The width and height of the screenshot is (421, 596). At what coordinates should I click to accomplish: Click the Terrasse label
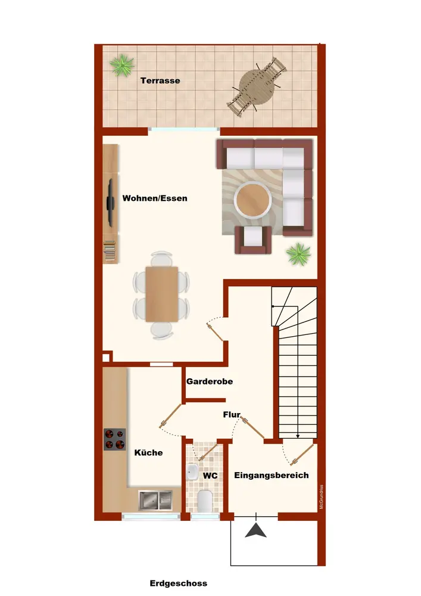pos(160,80)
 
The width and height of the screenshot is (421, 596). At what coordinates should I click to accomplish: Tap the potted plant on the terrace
pos(122,65)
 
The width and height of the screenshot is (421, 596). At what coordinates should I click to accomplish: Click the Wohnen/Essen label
pos(154,198)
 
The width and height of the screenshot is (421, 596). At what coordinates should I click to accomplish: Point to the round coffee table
pos(252,200)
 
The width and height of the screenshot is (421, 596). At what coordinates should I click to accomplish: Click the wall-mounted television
pos(111,203)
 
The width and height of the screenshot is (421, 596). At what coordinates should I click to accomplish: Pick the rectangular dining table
pos(162,294)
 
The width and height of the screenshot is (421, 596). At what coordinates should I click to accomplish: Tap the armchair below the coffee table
pos(253,240)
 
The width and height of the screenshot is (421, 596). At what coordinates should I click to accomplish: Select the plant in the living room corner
pos(299,254)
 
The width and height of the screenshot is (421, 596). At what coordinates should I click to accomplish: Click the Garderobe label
pos(210,381)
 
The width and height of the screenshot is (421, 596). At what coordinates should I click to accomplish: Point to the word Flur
pos(232,415)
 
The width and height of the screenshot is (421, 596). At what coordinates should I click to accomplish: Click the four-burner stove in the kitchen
pos(115,439)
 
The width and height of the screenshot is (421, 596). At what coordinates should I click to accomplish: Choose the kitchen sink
pos(155,500)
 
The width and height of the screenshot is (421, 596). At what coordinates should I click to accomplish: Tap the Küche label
pos(148,453)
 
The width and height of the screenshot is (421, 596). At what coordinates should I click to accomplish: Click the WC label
pos(210,476)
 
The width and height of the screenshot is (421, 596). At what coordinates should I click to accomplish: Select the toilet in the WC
pos(205,501)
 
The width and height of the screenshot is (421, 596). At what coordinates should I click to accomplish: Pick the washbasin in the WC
pos(192,472)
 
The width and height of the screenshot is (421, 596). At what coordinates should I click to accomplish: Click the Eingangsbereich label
pos(272,475)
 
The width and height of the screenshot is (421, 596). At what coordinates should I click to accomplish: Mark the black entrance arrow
pos(256,530)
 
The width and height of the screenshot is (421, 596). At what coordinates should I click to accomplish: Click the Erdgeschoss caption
pos(179,583)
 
